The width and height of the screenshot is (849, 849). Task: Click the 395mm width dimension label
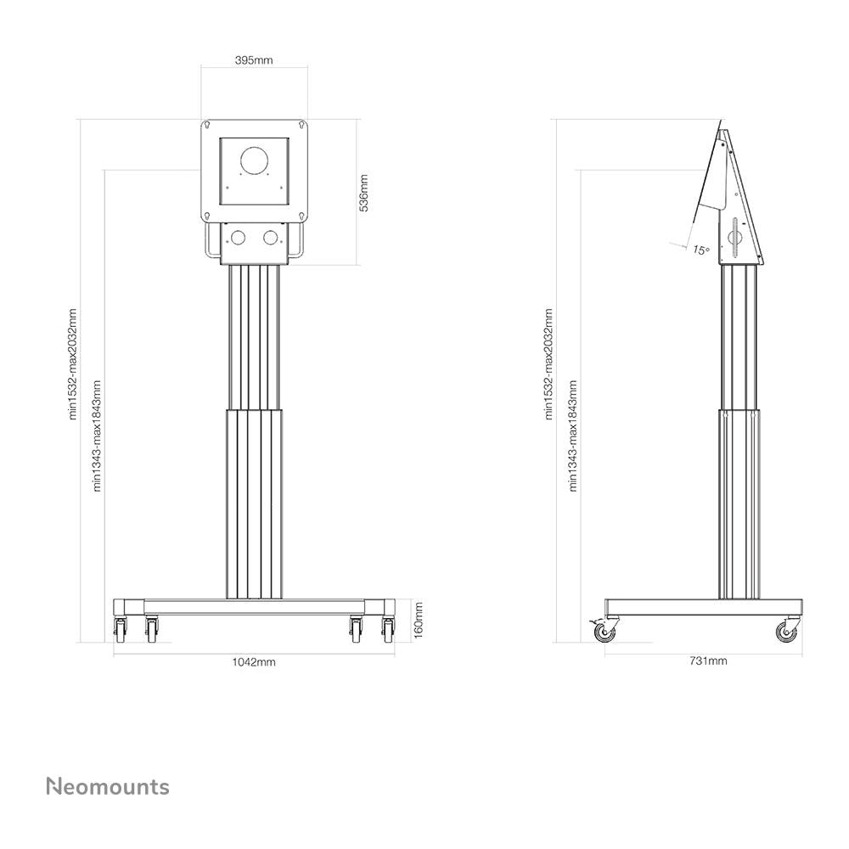(254, 61)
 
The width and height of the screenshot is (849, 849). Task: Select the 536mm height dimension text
(364, 193)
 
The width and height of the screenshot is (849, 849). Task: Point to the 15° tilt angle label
(700, 250)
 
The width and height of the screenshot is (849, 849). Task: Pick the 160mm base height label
(417, 620)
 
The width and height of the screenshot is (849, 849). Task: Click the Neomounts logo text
(107, 786)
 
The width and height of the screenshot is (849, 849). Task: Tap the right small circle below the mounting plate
(271, 239)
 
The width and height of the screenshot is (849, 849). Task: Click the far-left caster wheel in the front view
(120, 630)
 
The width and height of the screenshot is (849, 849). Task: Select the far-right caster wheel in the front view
(388, 630)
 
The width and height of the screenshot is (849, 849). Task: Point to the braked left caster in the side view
(603, 631)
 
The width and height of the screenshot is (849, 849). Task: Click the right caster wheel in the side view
(784, 631)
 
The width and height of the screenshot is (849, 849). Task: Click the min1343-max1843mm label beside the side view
(574, 436)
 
